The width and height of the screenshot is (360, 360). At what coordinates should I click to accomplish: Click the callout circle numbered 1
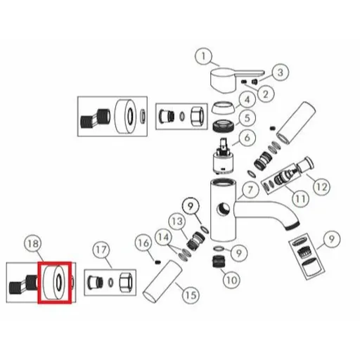point(203,56)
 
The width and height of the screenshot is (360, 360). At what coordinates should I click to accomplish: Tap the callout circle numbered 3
point(281,72)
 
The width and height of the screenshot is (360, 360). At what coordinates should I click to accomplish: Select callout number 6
point(247,138)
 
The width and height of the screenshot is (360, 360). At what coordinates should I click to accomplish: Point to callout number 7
point(250,190)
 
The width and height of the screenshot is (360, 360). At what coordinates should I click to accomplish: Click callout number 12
point(322,187)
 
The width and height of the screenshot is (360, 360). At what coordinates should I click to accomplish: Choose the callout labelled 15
point(191,295)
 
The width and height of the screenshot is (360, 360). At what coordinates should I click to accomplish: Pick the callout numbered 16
point(143,243)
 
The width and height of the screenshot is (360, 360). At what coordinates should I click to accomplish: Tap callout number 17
point(101,250)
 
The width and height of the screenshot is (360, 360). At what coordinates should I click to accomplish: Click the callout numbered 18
point(33,244)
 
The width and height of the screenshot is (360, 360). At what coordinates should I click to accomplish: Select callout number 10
point(231,280)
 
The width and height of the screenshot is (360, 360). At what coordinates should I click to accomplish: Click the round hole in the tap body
point(224,209)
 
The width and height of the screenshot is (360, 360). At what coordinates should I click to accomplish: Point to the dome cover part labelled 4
point(224,108)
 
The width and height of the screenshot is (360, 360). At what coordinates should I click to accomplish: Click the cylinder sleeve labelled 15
point(162,281)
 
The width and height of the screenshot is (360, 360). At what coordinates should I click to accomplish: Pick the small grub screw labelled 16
point(158,262)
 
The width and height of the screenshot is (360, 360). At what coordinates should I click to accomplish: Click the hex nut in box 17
point(126,282)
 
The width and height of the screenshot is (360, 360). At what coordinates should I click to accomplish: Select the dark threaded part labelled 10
point(219,262)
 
